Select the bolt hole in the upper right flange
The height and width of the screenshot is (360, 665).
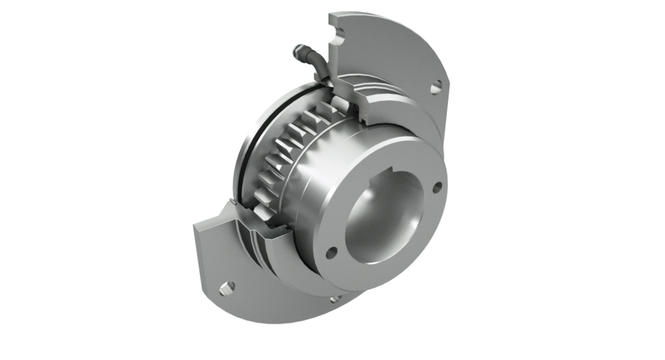(436, 89)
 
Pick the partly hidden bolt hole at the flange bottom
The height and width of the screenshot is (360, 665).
(334, 300)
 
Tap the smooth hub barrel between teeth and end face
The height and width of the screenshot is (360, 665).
(327, 175)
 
